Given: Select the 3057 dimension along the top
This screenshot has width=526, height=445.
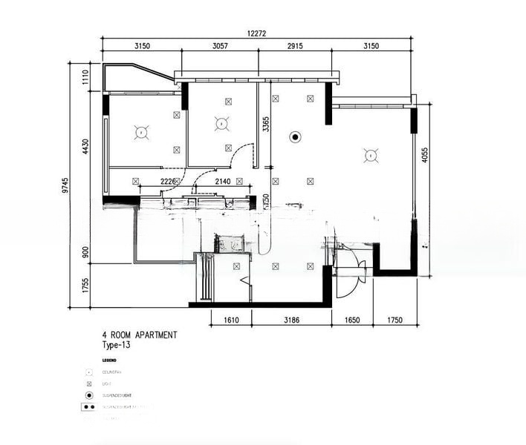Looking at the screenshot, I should pos(220,46).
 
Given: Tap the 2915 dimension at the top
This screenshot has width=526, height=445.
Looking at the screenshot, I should pos(295,46).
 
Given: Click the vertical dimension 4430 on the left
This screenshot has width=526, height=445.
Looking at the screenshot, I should pos(85,146).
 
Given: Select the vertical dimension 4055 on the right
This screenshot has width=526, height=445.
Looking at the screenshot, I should pos(424,155).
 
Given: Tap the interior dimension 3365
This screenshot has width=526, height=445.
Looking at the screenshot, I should pos(265,123).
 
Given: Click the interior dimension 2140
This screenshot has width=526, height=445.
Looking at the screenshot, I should pos(222,181).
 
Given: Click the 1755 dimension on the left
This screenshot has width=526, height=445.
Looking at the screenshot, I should pos(85,286).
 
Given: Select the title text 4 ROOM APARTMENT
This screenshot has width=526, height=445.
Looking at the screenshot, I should pos(140,335).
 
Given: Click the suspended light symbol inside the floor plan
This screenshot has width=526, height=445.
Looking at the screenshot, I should pos(295,136).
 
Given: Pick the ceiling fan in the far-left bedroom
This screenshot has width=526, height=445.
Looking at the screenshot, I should pos(140,132).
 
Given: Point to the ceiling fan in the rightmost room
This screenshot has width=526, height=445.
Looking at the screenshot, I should pos(369,155).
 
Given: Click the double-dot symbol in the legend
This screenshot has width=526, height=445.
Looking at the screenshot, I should pos(89,407).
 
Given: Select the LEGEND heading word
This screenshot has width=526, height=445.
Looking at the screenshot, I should pos(109,360).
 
